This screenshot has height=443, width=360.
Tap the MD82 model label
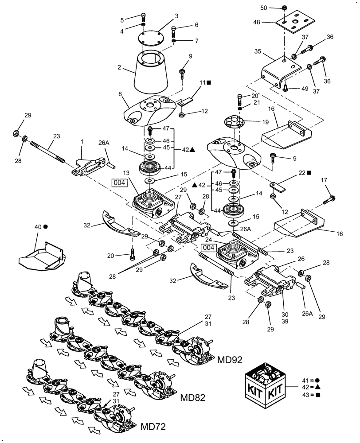coord(193,397)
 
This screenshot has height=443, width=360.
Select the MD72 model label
coord(153,427)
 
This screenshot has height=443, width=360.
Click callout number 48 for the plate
coord(269,22)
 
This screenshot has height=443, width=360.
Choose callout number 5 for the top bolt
coord(122,19)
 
